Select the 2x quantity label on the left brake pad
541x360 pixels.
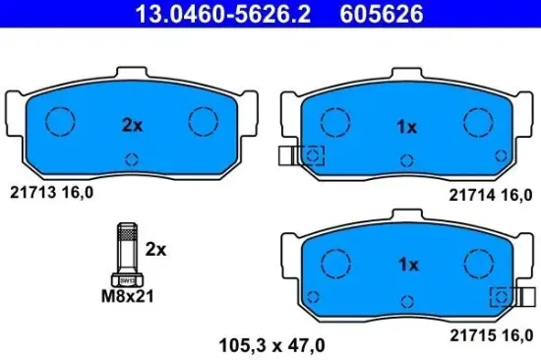(132, 126)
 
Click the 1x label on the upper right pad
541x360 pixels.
(407, 127)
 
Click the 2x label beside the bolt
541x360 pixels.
(154, 250)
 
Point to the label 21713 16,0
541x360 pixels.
(51, 193)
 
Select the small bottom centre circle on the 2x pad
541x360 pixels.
(133, 160)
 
